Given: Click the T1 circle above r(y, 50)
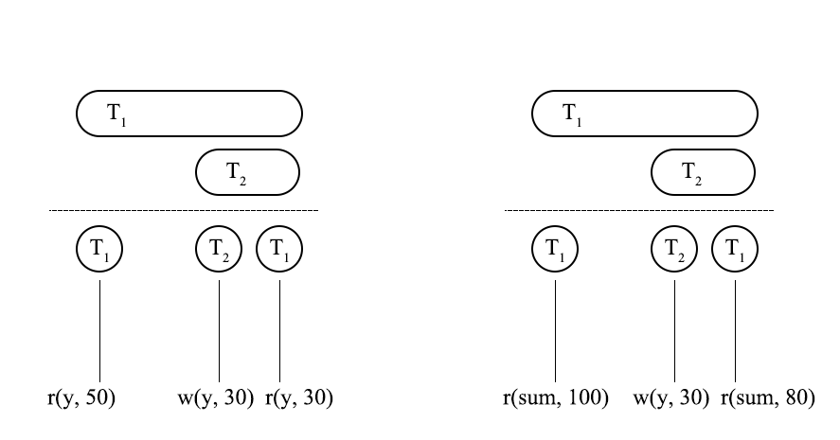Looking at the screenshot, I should [x=99, y=250].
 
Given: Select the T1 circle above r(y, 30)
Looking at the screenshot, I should [x=280, y=250].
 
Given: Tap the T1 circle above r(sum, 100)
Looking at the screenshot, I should [x=555, y=250].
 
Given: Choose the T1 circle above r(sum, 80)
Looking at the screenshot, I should [x=736, y=250].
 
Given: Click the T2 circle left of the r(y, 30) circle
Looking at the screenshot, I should [x=220, y=250].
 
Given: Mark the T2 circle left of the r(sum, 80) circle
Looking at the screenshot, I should [x=675, y=250].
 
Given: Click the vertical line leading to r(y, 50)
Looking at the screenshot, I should [x=99, y=326].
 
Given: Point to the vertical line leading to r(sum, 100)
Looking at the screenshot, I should [x=555, y=326].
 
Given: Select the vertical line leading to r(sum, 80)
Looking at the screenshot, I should [x=736, y=326].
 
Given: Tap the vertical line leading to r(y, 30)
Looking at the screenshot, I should [x=280, y=326].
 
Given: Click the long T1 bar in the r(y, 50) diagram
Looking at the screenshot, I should [x=189, y=114].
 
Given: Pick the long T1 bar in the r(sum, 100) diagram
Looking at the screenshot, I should [x=645, y=114].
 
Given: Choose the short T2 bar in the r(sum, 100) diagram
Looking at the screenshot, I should [x=704, y=171].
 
